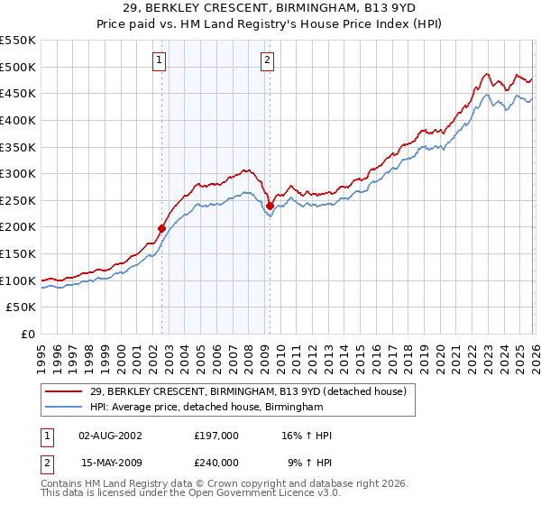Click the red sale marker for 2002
coord(162,228)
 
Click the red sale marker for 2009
coord(270,206)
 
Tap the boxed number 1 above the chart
coord(159,60)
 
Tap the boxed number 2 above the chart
coord(268,60)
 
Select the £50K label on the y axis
coord(22,308)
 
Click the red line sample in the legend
coord(64,391)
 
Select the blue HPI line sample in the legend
coord(64,408)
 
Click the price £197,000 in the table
coord(215,436)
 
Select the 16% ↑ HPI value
coord(307,436)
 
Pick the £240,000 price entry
coord(215,462)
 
